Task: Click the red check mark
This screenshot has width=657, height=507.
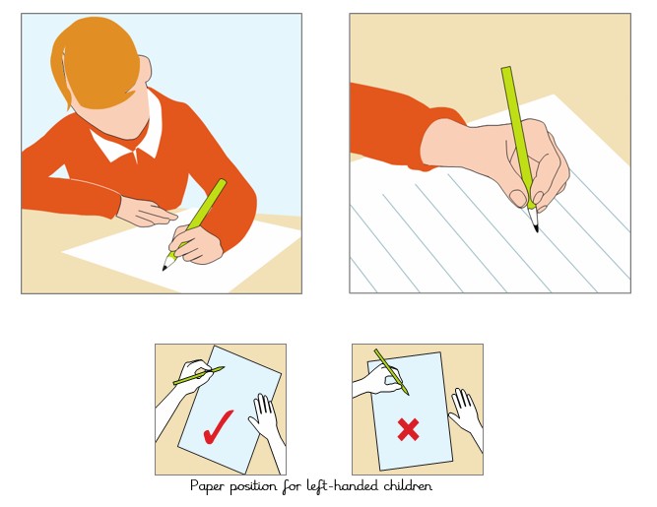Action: tap(217, 428)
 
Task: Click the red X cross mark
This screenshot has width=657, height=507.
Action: tap(408, 429)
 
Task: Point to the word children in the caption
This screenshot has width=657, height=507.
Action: tap(408, 485)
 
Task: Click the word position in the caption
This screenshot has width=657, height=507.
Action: tap(253, 487)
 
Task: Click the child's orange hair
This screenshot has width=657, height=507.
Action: tap(96, 63)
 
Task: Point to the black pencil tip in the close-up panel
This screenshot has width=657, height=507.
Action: tap(536, 228)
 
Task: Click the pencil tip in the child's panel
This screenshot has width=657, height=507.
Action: tap(164, 268)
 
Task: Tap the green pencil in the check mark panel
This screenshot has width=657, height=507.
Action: tap(199, 375)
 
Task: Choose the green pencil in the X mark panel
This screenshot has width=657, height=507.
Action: tap(391, 372)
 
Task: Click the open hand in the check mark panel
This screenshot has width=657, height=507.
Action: tap(263, 414)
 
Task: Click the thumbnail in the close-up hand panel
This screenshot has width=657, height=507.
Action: tap(518, 198)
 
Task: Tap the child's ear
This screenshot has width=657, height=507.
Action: tap(146, 71)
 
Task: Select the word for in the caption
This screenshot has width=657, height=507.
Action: tap(292, 486)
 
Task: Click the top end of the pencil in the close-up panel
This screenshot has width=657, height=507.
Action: tap(505, 69)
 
